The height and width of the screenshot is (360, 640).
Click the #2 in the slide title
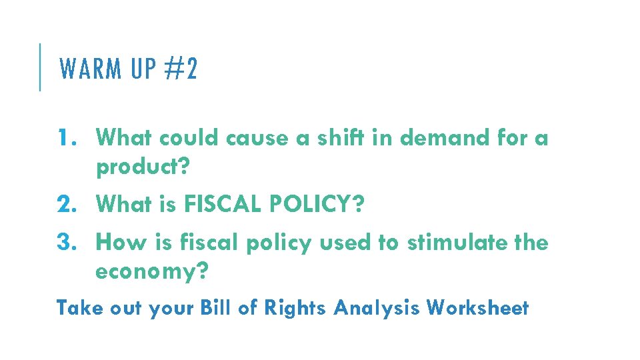183,69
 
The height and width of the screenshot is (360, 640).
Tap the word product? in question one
143,168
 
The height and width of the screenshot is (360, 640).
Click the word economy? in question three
153,272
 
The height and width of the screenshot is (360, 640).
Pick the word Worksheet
477,308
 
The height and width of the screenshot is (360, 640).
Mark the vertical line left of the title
40,67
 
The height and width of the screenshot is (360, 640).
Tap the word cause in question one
254,139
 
